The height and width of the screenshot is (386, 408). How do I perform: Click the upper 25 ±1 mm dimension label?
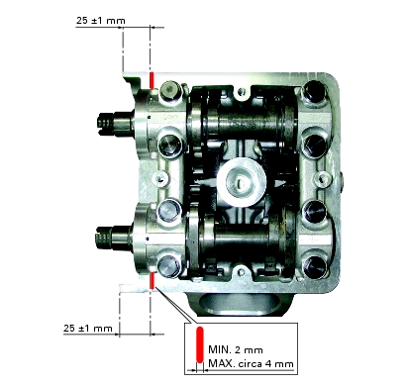[x=101, y=21]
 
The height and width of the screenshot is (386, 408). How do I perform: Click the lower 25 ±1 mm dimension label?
[x=88, y=329]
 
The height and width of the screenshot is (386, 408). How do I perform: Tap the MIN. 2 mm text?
[x=236, y=349]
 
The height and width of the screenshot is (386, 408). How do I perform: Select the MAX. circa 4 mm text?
[x=251, y=364]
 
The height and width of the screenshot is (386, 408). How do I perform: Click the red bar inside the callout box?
[x=200, y=344]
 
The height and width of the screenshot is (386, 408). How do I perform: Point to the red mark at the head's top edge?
[x=152, y=80]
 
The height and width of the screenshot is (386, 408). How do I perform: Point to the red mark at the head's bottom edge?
[x=153, y=280]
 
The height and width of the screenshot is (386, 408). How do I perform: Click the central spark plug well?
[x=242, y=180]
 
